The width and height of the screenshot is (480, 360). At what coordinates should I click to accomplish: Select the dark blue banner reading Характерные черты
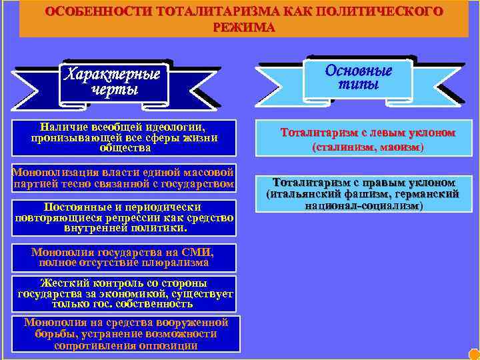[x=111, y=81]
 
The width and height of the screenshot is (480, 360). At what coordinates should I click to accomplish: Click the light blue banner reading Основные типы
[x=358, y=77]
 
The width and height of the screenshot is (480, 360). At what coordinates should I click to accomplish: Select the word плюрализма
[x=175, y=263]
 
